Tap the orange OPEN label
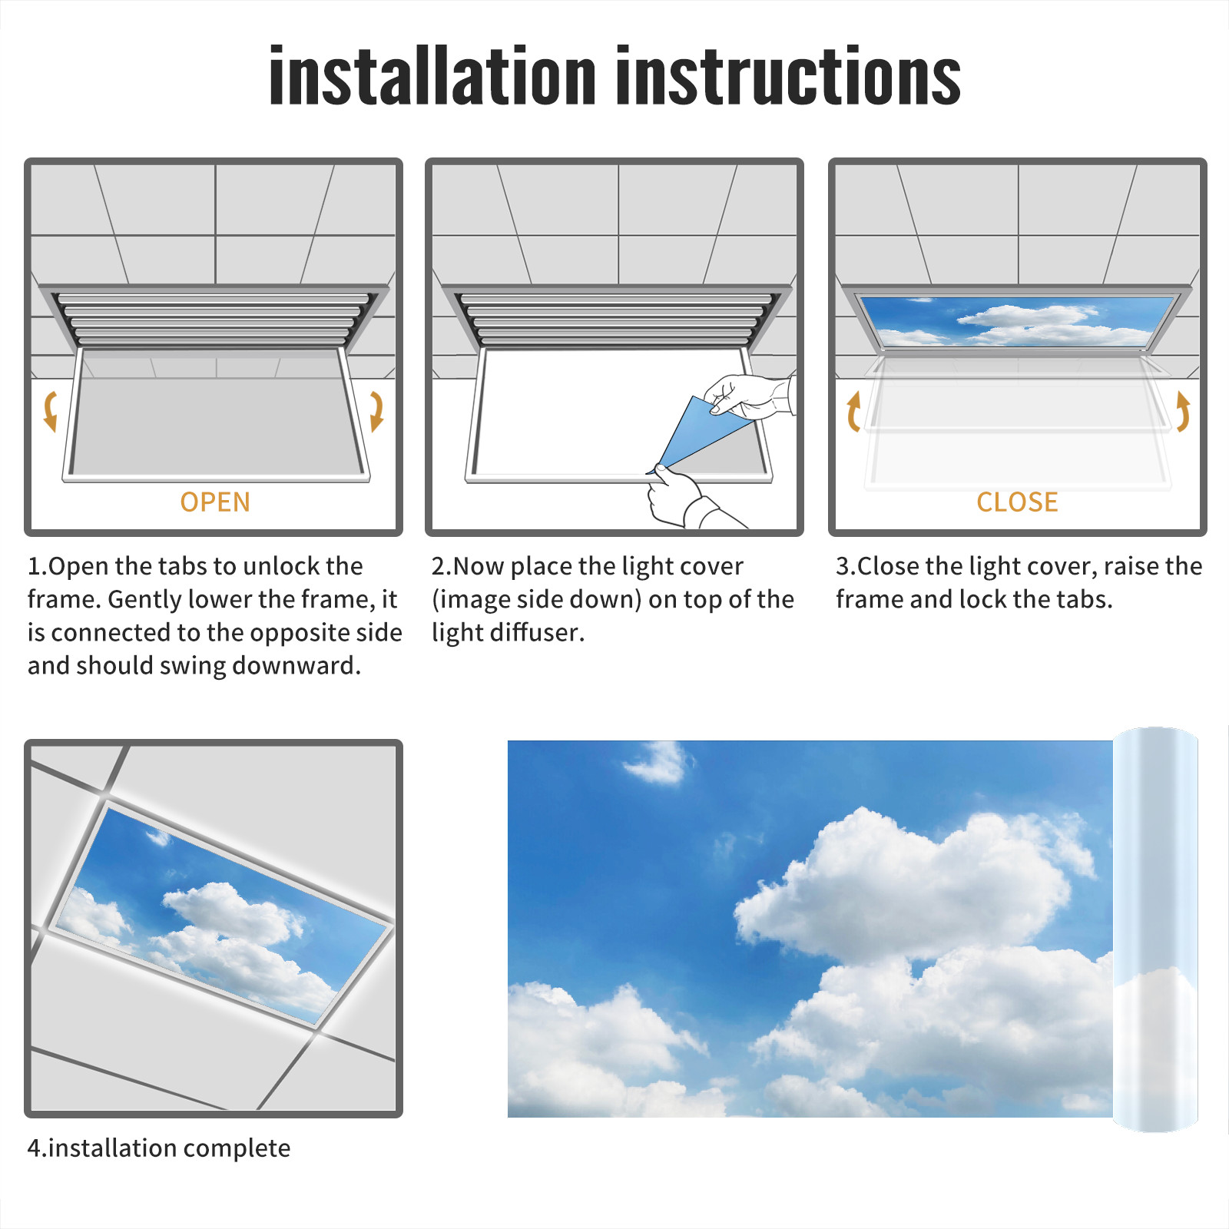215,502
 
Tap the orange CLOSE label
1017,502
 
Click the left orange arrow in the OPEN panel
50,411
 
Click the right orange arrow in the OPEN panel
376,411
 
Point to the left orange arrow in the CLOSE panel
853,411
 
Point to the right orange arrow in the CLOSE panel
1183,411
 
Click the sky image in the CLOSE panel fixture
1017,321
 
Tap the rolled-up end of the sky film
1155,929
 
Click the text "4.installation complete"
159,1148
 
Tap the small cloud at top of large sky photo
657,762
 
